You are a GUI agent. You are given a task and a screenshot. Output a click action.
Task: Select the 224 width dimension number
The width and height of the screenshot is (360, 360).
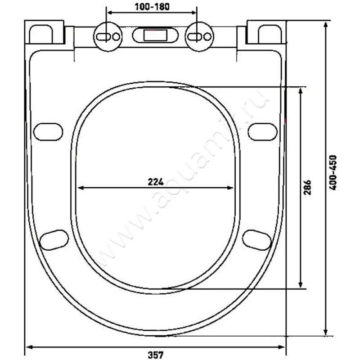tap(155, 181)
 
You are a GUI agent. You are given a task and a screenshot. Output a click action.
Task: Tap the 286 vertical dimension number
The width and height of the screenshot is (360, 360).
tap(307, 186)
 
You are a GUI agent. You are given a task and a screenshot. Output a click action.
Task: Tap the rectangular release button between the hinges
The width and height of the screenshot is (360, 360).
tap(155, 35)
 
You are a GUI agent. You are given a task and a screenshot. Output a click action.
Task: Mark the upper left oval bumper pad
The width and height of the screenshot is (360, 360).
tap(48, 132)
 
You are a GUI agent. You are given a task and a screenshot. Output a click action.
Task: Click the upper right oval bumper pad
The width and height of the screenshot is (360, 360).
tap(262, 131)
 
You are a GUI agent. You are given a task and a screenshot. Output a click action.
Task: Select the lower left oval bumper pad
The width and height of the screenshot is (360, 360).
tap(54, 239)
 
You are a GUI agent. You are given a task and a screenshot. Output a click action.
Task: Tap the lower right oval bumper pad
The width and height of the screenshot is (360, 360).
tap(256, 239)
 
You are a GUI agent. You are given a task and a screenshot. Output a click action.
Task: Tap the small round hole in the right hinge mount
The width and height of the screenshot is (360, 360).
tap(207, 36)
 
